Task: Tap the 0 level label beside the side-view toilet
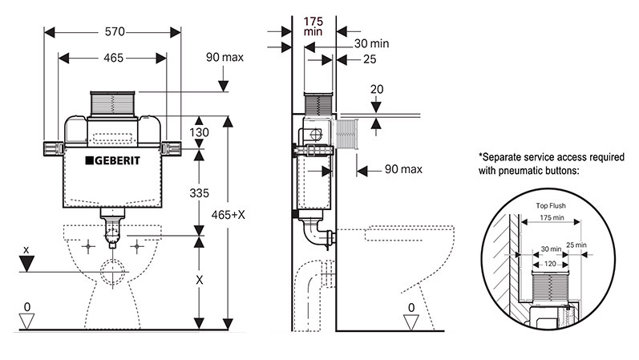(x=412, y=307)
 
